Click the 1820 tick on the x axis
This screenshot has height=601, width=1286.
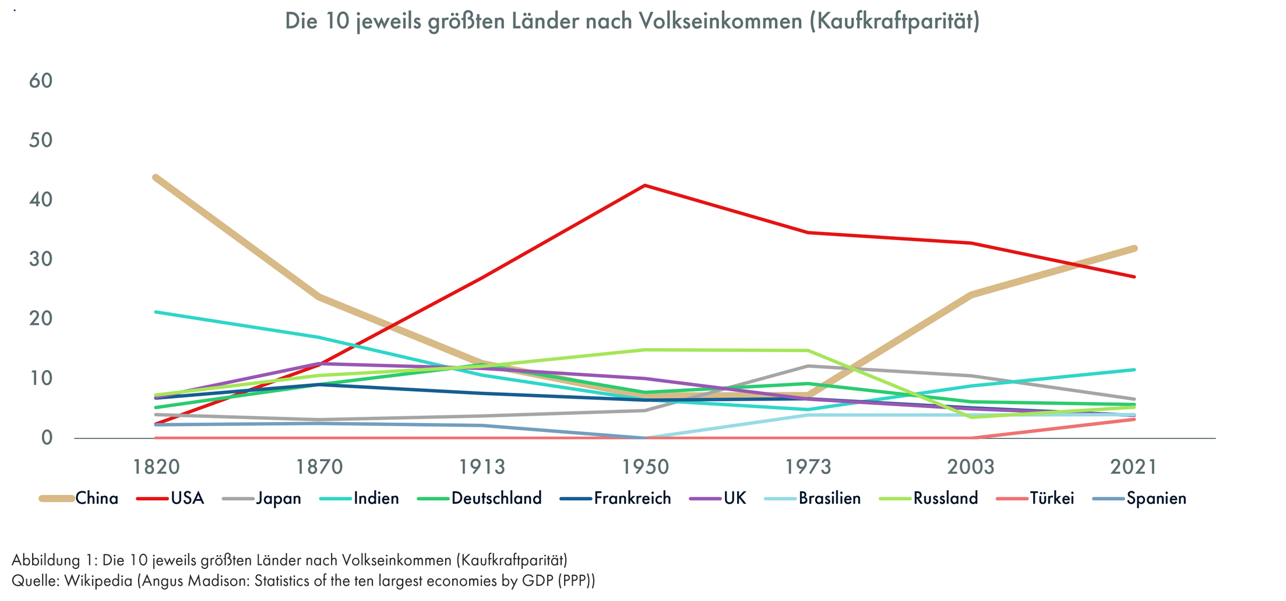[156, 467]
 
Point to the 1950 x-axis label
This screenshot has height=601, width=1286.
[645, 467]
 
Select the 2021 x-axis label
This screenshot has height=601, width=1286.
[1133, 467]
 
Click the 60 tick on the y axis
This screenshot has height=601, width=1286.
[41, 81]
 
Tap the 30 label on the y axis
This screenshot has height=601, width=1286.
[41, 259]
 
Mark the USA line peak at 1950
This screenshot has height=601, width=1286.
[645, 185]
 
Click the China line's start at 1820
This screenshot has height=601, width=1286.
[156, 177]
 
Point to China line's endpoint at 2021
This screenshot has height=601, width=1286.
[1134, 248]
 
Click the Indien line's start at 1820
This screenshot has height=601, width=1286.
[156, 312]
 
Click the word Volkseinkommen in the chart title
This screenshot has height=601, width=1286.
[720, 22]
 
